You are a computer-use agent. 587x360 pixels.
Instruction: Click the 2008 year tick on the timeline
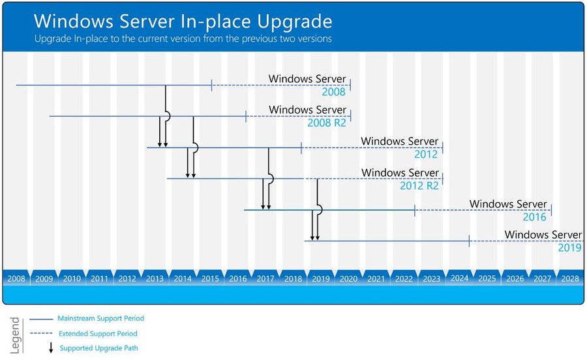pyautogui.click(x=16, y=278)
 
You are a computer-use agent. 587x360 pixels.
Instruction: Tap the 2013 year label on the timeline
pyautogui.click(x=155, y=278)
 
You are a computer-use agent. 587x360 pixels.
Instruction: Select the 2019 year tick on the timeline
pyautogui.click(x=321, y=278)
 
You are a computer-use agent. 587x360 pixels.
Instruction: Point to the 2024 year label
pyautogui.click(x=459, y=278)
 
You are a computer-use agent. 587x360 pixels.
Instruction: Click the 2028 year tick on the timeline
pyautogui.click(x=570, y=278)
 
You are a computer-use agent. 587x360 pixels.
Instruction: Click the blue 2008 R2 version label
pyautogui.click(x=327, y=122)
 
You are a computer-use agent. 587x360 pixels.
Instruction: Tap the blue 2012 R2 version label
pyautogui.click(x=419, y=185)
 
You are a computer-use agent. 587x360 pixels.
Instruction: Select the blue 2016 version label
pyautogui.click(x=535, y=217)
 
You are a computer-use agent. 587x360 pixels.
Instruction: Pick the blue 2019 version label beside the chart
pyautogui.click(x=570, y=248)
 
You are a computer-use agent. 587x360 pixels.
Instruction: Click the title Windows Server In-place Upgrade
pyautogui.click(x=183, y=22)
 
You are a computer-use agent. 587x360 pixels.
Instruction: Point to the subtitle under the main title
pyautogui.click(x=183, y=38)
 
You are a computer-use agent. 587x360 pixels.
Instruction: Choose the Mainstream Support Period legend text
pyautogui.click(x=100, y=319)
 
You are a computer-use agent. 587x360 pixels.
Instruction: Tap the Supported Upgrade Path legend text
pyautogui.click(x=99, y=348)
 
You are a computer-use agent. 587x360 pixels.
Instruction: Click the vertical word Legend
pyautogui.click(x=15, y=335)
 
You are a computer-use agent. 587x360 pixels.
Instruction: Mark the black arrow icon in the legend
pyautogui.click(x=52, y=348)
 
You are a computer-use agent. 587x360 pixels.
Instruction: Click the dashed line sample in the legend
pyautogui.click(x=41, y=334)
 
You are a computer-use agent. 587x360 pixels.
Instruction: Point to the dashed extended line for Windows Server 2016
pyautogui.click(x=483, y=210)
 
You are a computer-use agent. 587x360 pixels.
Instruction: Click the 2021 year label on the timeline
pyautogui.click(x=376, y=278)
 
